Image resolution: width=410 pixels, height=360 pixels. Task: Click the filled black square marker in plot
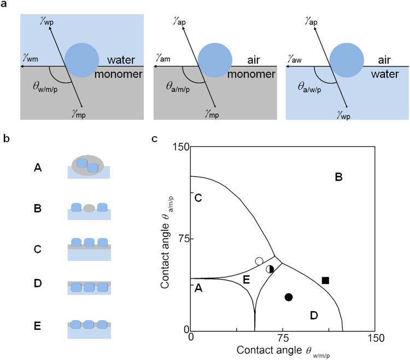click(325, 280)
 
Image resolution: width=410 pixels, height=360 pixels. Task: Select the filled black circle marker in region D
click(289, 297)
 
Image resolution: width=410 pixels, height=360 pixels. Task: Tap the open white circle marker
click(259, 262)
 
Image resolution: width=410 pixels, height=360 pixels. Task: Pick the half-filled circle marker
click(270, 269)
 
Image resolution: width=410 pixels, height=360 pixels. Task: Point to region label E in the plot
click(247, 280)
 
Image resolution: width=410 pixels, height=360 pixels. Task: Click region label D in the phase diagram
click(313, 315)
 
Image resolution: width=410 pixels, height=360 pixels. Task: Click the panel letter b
click(6, 139)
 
